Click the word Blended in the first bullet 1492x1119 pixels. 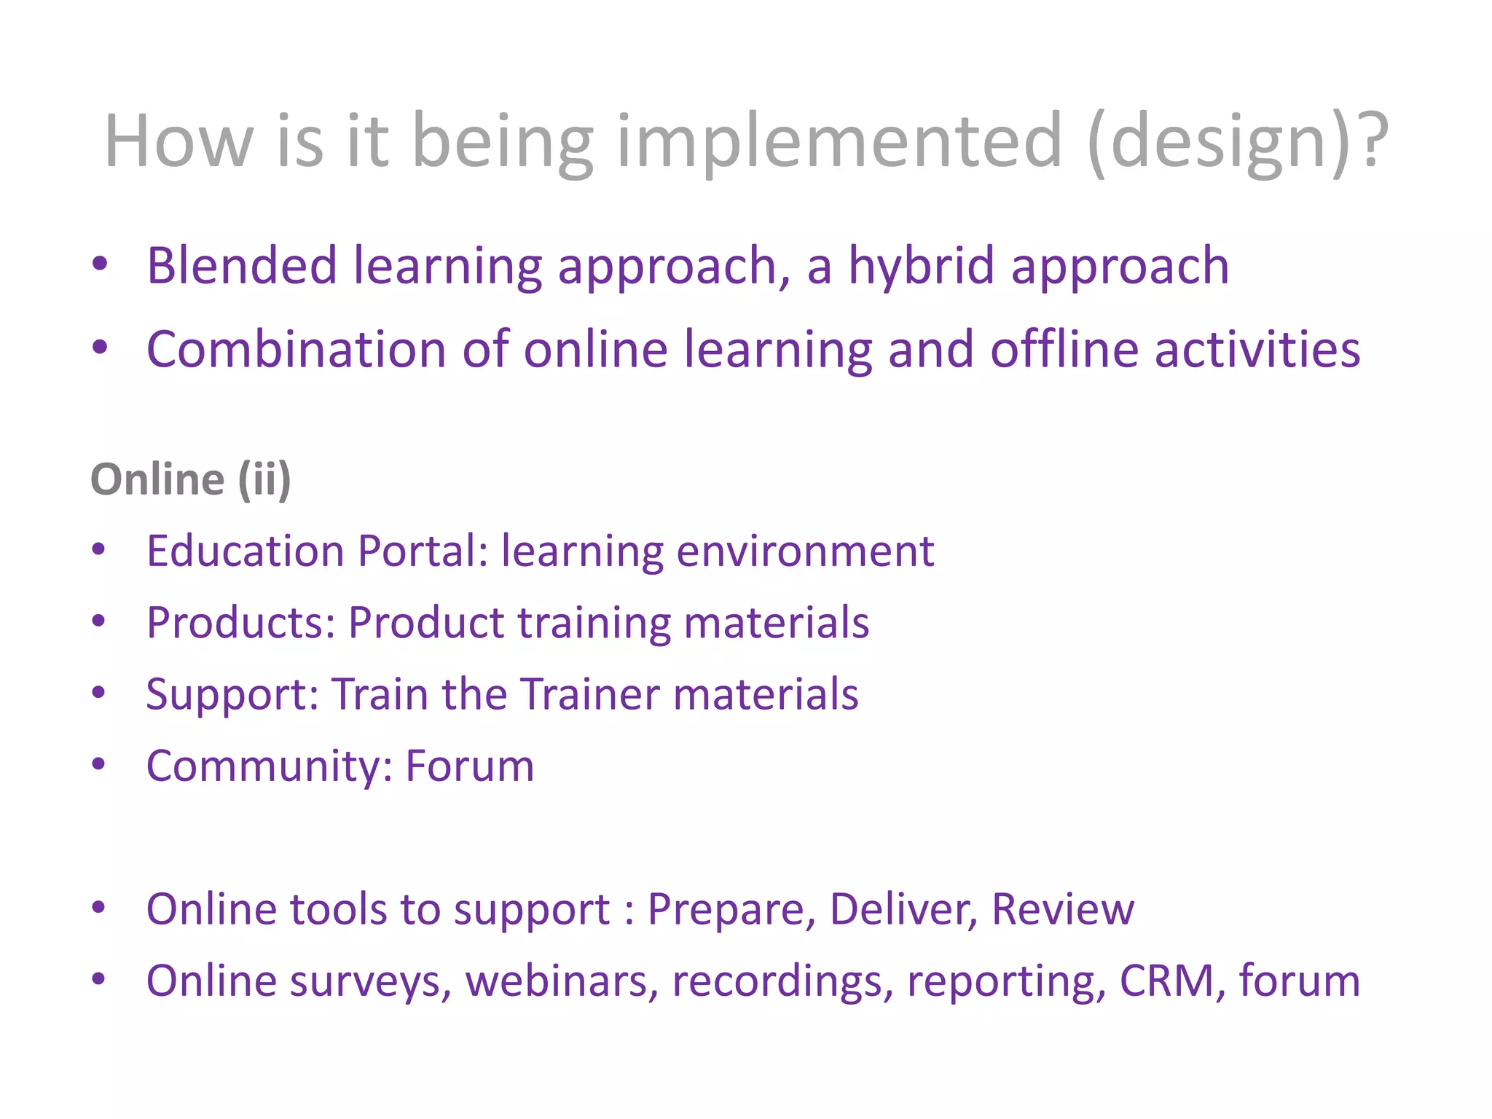(x=241, y=265)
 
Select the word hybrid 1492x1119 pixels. (x=921, y=265)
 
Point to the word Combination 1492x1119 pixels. (x=296, y=349)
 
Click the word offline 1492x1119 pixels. (x=1064, y=349)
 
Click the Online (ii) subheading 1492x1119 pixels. (x=191, y=479)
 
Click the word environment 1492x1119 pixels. (x=805, y=551)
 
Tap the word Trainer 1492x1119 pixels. (x=590, y=694)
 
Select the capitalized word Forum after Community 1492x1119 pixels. (x=470, y=766)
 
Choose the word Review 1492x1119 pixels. (x=1062, y=909)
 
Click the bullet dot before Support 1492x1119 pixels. (x=99, y=692)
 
